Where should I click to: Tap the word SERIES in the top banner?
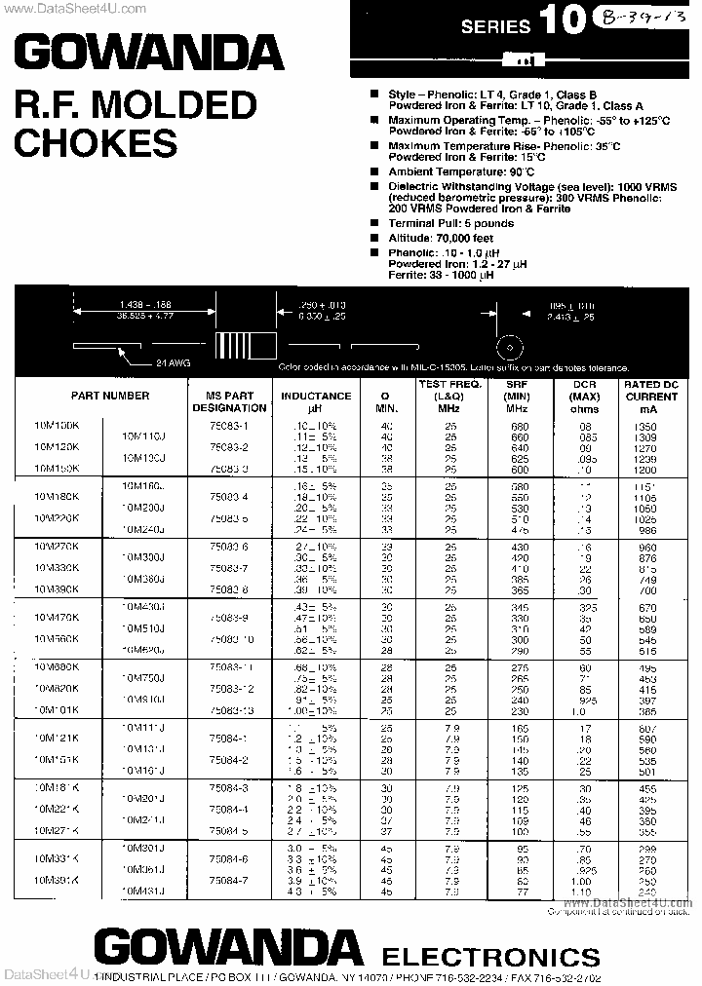point(495,26)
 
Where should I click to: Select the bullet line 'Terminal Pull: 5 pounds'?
point(450,223)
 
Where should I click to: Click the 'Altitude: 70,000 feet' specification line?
point(441,237)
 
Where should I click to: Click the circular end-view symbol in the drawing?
point(505,347)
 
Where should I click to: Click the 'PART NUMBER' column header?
point(110,396)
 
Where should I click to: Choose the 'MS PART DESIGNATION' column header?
point(230,401)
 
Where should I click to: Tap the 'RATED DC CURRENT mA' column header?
point(650,397)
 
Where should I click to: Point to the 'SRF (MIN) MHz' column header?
point(517,397)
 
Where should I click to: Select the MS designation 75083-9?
point(229,618)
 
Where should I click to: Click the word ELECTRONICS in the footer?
point(489,955)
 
